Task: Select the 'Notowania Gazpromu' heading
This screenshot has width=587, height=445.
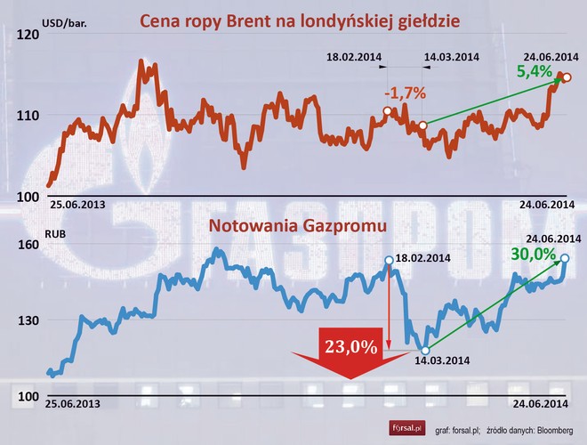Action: point(297,227)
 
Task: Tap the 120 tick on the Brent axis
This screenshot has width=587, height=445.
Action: point(28,35)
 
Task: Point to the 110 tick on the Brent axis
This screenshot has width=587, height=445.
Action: point(28,116)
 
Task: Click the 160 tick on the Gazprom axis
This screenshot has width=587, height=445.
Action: point(28,244)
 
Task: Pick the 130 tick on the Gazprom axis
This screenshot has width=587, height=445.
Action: point(28,320)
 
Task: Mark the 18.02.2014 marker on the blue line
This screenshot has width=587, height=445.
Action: point(389,260)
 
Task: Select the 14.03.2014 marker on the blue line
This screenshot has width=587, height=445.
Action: point(425,350)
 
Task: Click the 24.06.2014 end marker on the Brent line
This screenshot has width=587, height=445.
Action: point(567,77)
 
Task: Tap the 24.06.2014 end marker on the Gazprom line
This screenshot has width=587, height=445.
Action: point(565,259)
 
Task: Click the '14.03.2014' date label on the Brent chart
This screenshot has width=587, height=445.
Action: point(452,58)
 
